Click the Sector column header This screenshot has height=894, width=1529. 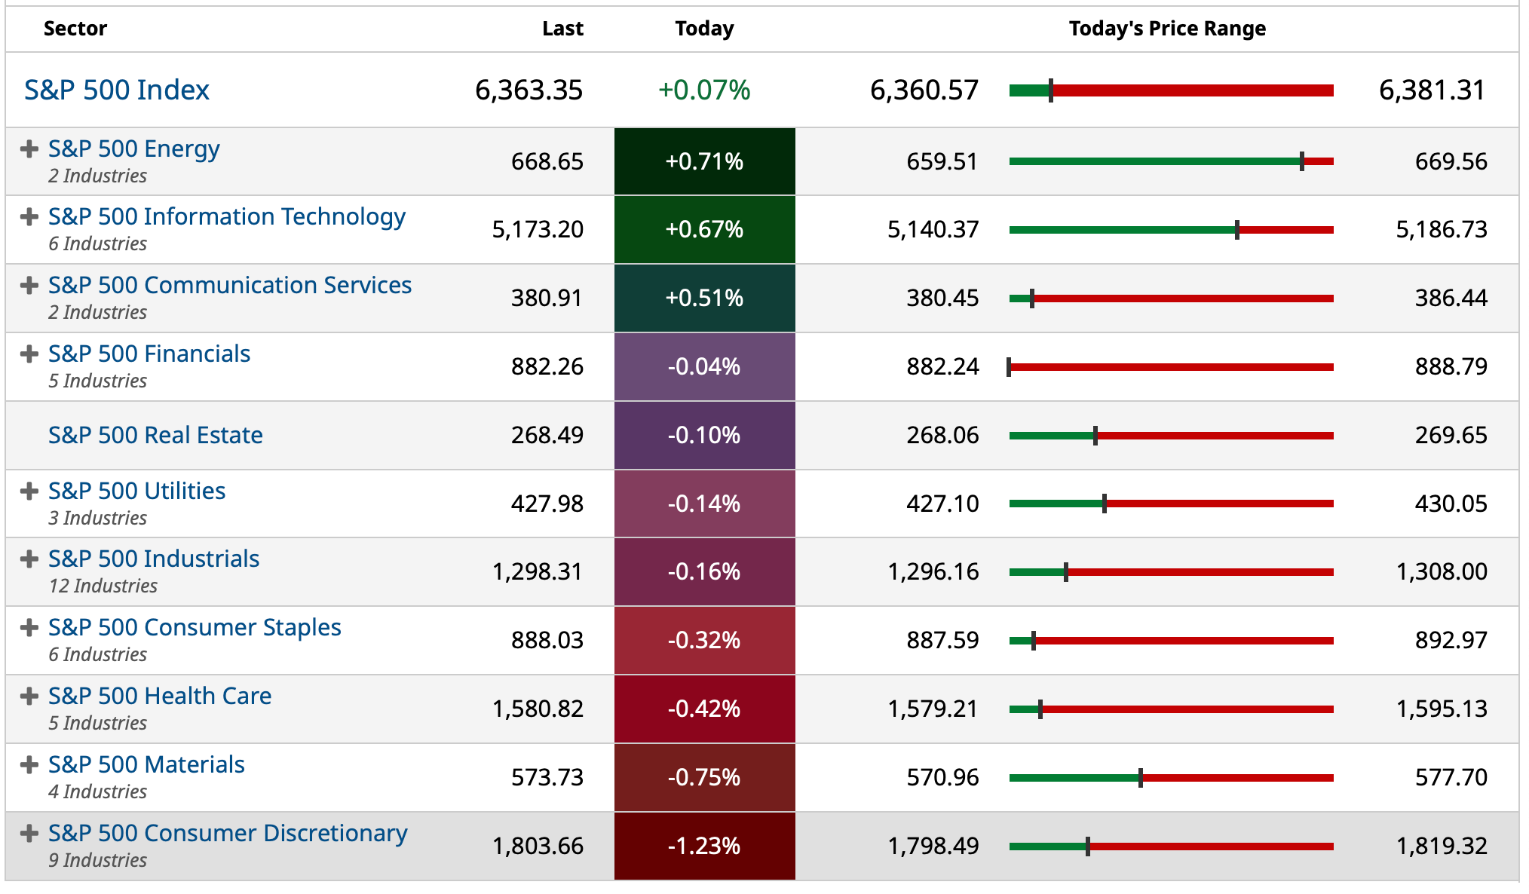tap(75, 29)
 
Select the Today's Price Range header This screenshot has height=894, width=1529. tap(1166, 29)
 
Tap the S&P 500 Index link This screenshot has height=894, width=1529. tap(117, 90)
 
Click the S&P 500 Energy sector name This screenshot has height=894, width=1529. tap(134, 148)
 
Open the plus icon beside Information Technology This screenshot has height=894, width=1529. tap(29, 217)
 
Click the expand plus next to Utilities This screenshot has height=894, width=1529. tap(29, 491)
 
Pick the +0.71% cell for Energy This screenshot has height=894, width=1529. tap(704, 161)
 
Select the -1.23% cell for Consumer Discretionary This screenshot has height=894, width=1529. tap(704, 846)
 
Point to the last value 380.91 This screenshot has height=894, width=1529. tap(547, 298)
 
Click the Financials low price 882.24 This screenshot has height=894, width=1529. tap(942, 366)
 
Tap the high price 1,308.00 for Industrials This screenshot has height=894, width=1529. tap(1442, 571)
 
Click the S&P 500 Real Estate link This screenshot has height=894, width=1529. tap(155, 435)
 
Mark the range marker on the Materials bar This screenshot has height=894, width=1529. tap(1141, 778)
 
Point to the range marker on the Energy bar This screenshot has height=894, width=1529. tap(1302, 161)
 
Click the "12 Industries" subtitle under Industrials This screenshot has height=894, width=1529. tap(103, 586)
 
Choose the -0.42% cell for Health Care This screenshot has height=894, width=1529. tap(704, 709)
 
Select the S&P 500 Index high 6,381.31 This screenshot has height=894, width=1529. tap(1431, 90)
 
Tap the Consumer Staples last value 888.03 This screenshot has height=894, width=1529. tap(547, 640)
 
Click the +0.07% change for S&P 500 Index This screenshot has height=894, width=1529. tap(704, 90)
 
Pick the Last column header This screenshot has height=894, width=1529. tap(562, 29)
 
